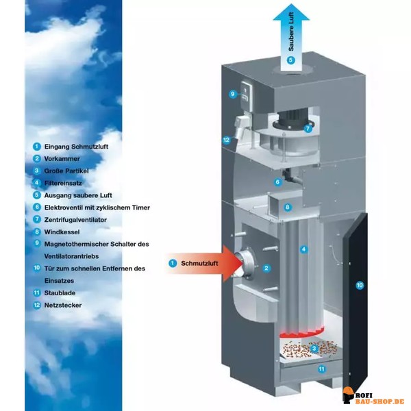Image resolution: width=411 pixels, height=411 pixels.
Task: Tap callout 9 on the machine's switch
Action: pos(232,94)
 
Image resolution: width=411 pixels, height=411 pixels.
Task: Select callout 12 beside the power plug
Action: pos(226,140)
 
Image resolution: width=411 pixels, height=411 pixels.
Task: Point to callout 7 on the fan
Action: pos(308,128)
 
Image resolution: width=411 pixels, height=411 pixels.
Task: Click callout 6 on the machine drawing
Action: pos(277,182)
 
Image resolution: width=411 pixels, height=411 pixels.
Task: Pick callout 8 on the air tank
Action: pos(288,207)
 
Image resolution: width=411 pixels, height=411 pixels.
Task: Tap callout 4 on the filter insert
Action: pos(303,249)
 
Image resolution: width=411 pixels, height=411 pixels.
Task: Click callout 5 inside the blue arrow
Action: pos(290,60)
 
